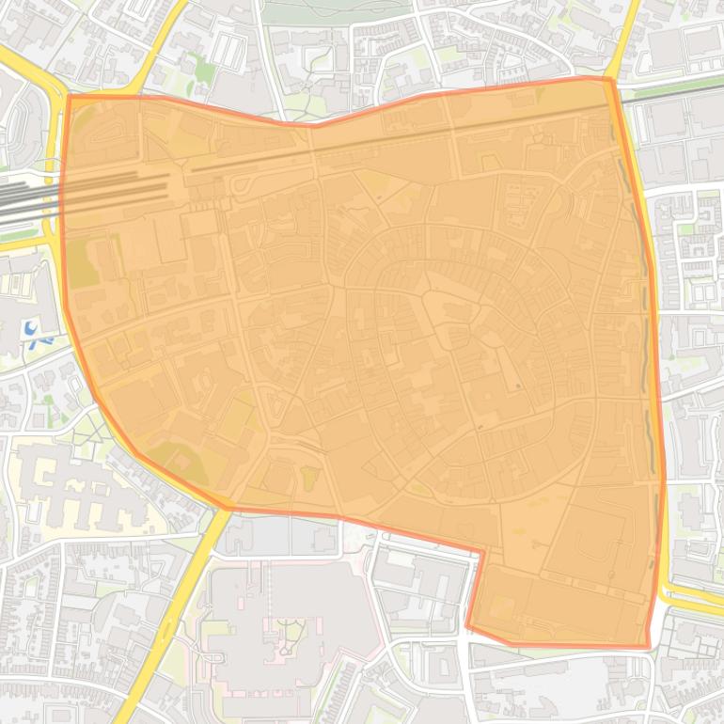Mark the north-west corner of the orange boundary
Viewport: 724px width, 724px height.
pyautogui.click(x=69, y=96)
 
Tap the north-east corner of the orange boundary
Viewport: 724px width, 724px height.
pyautogui.click(x=610, y=79)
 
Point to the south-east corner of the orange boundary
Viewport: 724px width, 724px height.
pyautogui.click(x=649, y=647)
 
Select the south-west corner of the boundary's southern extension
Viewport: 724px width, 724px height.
pyautogui.click(x=467, y=626)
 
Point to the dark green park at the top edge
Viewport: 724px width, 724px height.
pyautogui.click(x=334, y=11)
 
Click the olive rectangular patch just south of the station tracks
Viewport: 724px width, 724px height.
pyautogui.click(x=83, y=264)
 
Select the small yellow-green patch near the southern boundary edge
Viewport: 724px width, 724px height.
pyautogui.click(x=308, y=478)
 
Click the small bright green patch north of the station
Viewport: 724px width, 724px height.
pyautogui.click(x=201, y=68)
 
